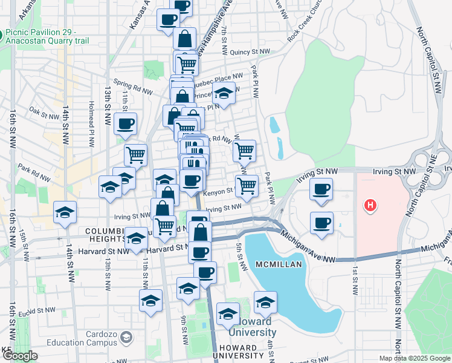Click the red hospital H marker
pos(369,206)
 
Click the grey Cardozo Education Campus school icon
pos(127,336)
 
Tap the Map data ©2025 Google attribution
pos(415,358)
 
